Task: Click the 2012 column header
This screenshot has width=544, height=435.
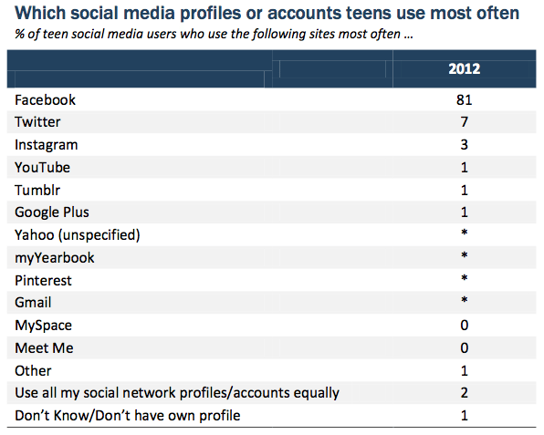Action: tap(465, 68)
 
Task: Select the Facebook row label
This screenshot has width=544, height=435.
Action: tap(45, 100)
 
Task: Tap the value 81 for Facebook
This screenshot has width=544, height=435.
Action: tap(465, 100)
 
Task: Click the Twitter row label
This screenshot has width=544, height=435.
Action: tap(37, 122)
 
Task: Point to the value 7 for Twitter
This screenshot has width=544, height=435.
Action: tap(465, 122)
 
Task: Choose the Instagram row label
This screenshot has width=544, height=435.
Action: tap(47, 145)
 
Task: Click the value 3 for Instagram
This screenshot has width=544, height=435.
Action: tap(465, 144)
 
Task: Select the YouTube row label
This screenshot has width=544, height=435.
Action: tap(42, 168)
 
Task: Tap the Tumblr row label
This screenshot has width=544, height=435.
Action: tap(37, 191)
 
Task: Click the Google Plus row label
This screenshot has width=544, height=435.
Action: tap(52, 212)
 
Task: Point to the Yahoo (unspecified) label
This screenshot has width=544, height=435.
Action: tap(78, 235)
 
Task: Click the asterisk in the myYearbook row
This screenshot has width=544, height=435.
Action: tap(465, 255)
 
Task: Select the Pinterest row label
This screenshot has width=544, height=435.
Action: tap(43, 280)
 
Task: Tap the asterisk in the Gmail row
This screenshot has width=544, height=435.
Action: tap(465, 300)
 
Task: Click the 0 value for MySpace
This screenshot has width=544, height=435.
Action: tap(465, 326)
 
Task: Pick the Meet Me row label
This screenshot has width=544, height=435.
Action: tap(44, 348)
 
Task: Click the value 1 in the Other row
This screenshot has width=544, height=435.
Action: tap(465, 371)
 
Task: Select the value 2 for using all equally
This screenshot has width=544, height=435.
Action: tap(465, 393)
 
